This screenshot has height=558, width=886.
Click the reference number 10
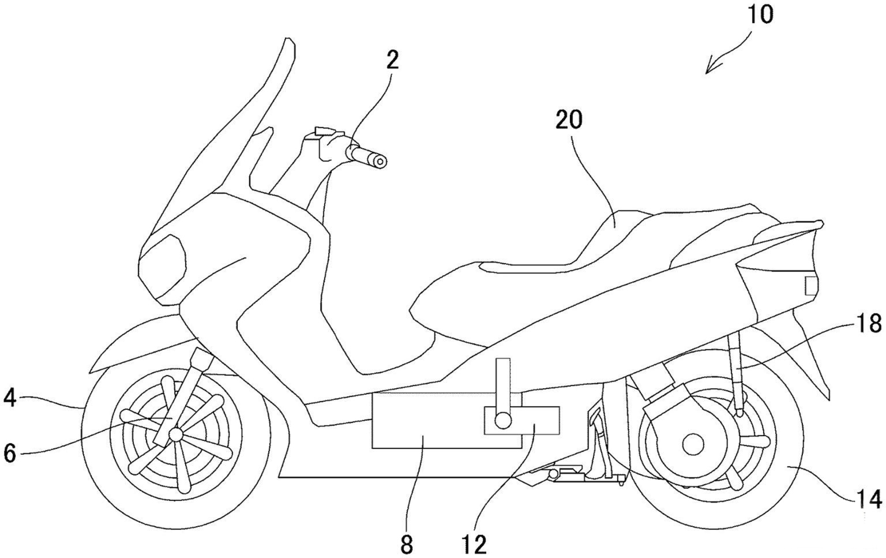(x=760, y=15)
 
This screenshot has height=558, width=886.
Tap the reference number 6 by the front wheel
(x=9, y=453)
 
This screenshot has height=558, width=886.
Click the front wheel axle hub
(x=175, y=433)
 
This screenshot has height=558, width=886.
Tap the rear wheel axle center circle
(x=692, y=444)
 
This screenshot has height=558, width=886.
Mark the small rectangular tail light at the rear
(x=811, y=286)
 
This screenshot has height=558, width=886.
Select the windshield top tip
(x=287, y=42)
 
